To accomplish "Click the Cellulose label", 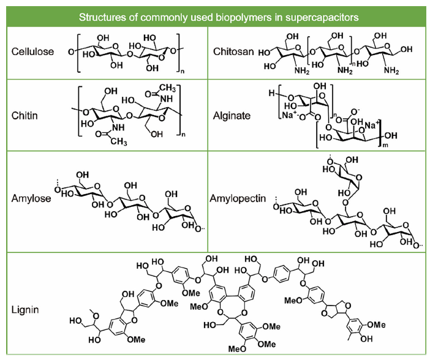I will coord(32,51).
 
